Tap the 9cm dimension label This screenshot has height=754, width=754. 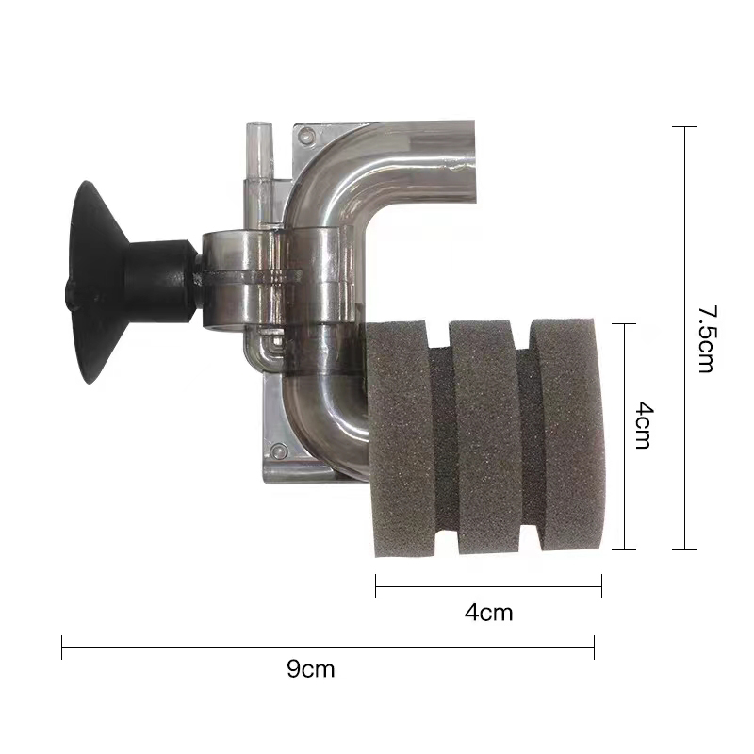coord(310,670)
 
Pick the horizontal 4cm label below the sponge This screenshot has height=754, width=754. coord(488,613)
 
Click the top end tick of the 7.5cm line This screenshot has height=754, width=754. coord(684,126)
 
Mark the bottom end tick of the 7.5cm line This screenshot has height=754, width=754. coord(684,549)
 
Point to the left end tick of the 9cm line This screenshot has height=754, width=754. coord(62,647)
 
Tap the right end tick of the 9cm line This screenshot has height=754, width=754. coord(594,647)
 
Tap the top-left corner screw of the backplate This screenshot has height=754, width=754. coord(306,138)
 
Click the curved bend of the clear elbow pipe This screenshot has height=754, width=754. coord(320,170)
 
